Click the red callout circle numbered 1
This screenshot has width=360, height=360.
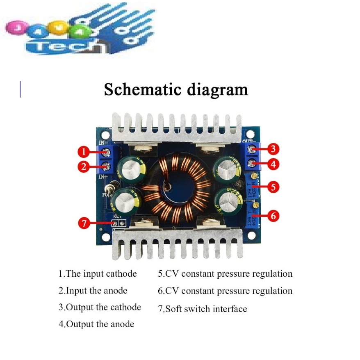tap(83, 153)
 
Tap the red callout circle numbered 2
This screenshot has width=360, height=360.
tap(83, 166)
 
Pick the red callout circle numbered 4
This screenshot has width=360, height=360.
tap(274, 165)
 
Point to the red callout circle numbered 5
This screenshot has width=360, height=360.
tap(274, 187)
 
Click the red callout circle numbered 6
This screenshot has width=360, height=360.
tap(274, 216)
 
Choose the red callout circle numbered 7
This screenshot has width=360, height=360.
tap(84, 223)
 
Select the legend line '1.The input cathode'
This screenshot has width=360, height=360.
tap(98, 274)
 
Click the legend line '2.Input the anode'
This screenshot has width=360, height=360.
tap(93, 291)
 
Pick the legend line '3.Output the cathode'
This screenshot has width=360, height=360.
tap(100, 308)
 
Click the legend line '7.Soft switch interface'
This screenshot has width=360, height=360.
tap(203, 309)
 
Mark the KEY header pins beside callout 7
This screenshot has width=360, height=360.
tap(118, 223)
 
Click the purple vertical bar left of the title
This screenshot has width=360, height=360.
tap(20, 89)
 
